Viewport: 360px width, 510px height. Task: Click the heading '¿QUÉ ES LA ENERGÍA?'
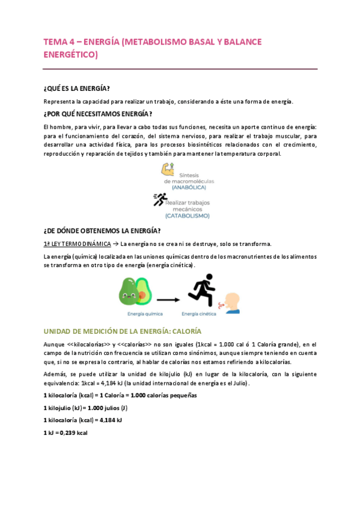point(76,88)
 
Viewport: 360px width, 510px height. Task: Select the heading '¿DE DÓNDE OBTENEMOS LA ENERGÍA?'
point(102,230)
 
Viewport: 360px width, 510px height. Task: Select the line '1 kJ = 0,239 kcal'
point(66,433)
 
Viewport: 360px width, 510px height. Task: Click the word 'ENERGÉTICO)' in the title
point(70,55)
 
